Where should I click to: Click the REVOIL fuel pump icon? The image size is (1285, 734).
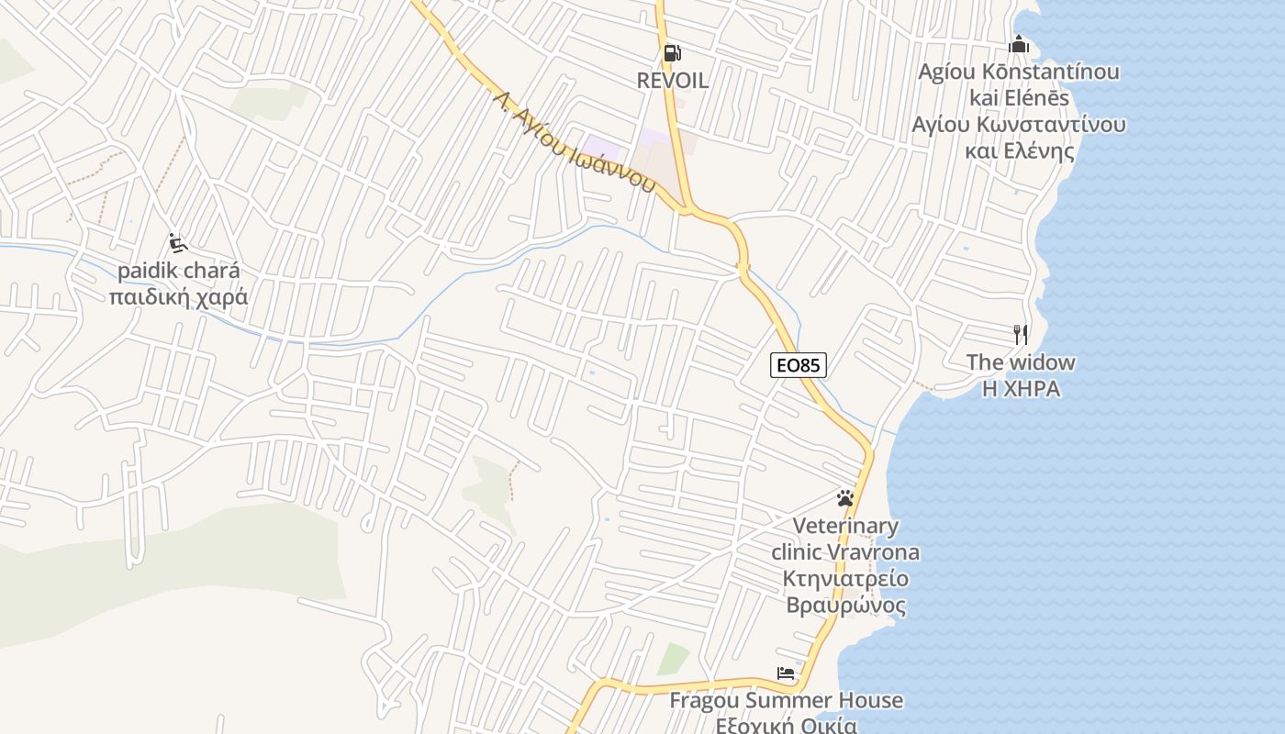tap(673, 53)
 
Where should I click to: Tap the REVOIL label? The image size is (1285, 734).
tap(673, 81)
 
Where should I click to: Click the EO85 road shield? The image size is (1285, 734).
tap(798, 365)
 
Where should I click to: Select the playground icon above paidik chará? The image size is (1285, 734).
tap(178, 244)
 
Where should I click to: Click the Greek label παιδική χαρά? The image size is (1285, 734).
tap(178, 297)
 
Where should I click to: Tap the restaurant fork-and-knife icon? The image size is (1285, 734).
tap(1020, 334)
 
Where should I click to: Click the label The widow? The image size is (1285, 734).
tap(1020, 362)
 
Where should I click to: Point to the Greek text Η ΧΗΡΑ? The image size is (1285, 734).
tap(1021, 389)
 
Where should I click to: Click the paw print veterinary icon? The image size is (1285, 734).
tap(845, 498)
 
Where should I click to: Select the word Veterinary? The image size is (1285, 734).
tap(845, 526)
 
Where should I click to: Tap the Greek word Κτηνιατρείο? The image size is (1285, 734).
tap(845, 579)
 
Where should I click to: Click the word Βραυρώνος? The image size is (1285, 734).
tap(845, 606)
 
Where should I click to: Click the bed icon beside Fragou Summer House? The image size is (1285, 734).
tap(786, 673)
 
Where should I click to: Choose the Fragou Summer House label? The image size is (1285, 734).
tap(786, 701)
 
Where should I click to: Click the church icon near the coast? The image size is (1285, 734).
tap(1019, 44)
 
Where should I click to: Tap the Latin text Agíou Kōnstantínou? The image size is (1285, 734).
tap(1019, 72)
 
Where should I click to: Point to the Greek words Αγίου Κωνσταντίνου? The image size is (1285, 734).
tap(1019, 125)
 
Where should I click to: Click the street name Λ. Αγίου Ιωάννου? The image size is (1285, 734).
tap(573, 140)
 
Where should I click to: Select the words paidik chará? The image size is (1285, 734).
tap(178, 272)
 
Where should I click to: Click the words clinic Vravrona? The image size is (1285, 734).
tap(845, 552)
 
